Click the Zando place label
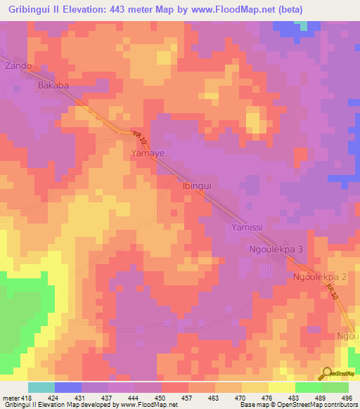[x=18, y=66]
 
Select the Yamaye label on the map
[x=148, y=152]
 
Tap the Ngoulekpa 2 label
[x=320, y=278]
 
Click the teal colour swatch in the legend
[x=41, y=387]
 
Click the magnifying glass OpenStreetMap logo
[x=326, y=373]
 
